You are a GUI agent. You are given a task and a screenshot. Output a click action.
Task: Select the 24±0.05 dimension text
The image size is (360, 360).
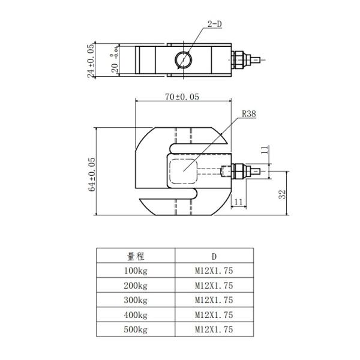(91, 60)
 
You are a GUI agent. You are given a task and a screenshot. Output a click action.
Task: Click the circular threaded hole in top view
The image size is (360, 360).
(183, 59)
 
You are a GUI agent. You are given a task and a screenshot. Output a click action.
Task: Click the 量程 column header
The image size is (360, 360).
(136, 256)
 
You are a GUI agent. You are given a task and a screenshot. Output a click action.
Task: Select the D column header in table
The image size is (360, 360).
(213, 256)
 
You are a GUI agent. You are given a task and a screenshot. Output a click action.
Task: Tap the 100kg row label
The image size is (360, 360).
(136, 271)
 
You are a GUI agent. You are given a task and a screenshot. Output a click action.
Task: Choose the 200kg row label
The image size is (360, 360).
(136, 286)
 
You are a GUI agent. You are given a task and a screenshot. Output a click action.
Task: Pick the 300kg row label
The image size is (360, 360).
(136, 300)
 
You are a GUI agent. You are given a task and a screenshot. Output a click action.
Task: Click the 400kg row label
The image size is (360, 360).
(136, 315)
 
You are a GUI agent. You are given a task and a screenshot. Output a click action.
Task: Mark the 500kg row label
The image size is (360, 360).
(136, 329)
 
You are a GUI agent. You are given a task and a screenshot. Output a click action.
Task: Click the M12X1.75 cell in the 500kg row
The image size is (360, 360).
(213, 329)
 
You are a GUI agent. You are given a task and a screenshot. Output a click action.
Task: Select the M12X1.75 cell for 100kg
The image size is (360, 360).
(213, 271)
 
